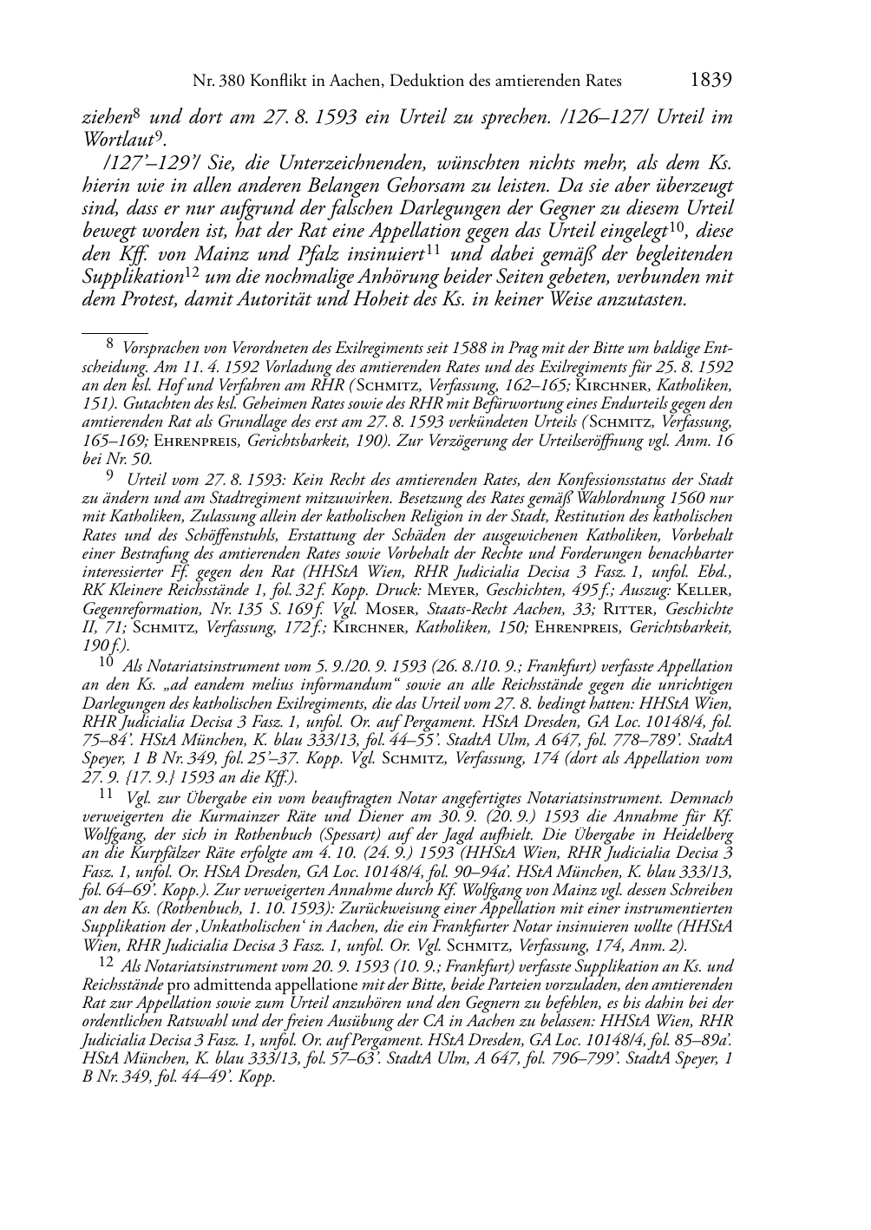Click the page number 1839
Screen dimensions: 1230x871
tap(711, 81)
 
